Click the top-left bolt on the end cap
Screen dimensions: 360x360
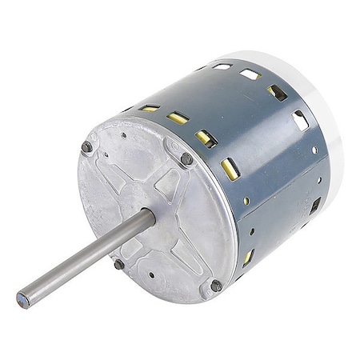pyautogui.click(x=86, y=146)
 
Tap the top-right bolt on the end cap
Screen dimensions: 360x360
pyautogui.click(x=186, y=159)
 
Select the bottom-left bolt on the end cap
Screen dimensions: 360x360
pyautogui.click(x=118, y=263)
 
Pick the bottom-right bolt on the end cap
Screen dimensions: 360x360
pyautogui.click(x=216, y=285)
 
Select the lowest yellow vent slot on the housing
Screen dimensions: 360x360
pyautogui.click(x=248, y=257)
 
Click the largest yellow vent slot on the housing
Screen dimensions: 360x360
pyautogui.click(x=229, y=167)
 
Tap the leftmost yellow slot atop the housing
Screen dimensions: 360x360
pyautogui.click(x=150, y=107)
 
